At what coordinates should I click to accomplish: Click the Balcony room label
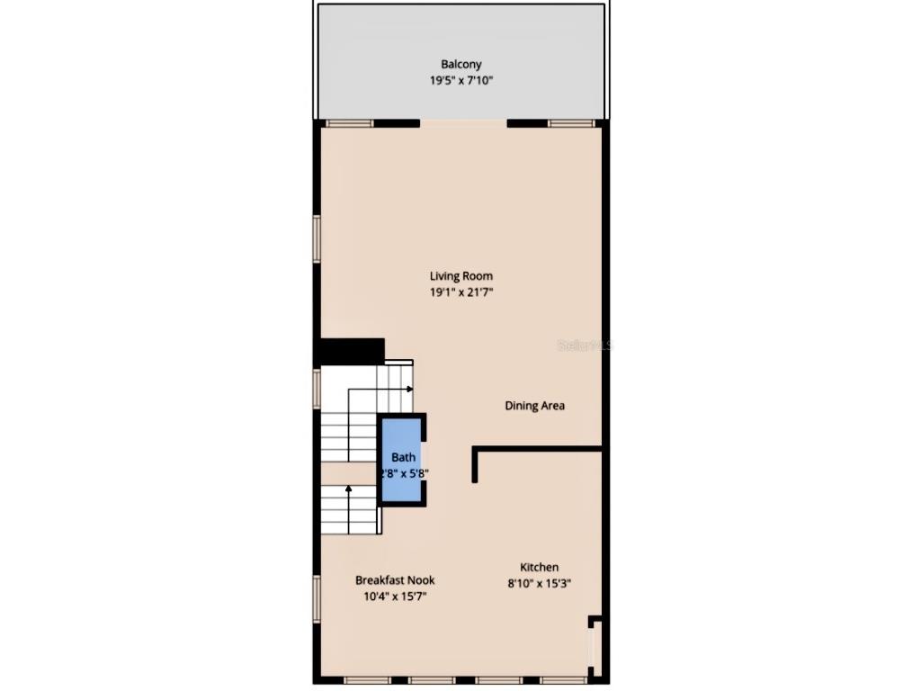(460, 64)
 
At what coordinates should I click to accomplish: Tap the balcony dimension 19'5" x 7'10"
(460, 80)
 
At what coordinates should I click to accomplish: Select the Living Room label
(460, 276)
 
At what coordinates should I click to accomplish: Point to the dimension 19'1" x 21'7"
(460, 292)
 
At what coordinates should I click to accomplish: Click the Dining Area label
(534, 406)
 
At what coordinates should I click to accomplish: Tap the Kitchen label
(539, 567)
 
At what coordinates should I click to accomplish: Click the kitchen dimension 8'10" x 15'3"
(539, 583)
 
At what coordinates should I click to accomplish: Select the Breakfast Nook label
(395, 580)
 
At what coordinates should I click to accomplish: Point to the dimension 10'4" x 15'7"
(395, 596)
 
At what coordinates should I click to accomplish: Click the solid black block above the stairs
(352, 351)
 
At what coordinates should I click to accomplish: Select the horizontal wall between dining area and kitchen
(538, 449)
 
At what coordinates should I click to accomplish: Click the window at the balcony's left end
(349, 123)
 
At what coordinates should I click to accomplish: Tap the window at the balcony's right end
(573, 123)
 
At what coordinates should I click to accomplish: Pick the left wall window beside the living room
(317, 238)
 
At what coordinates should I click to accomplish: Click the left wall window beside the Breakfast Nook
(317, 598)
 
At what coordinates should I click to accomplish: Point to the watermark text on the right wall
(583, 345)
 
